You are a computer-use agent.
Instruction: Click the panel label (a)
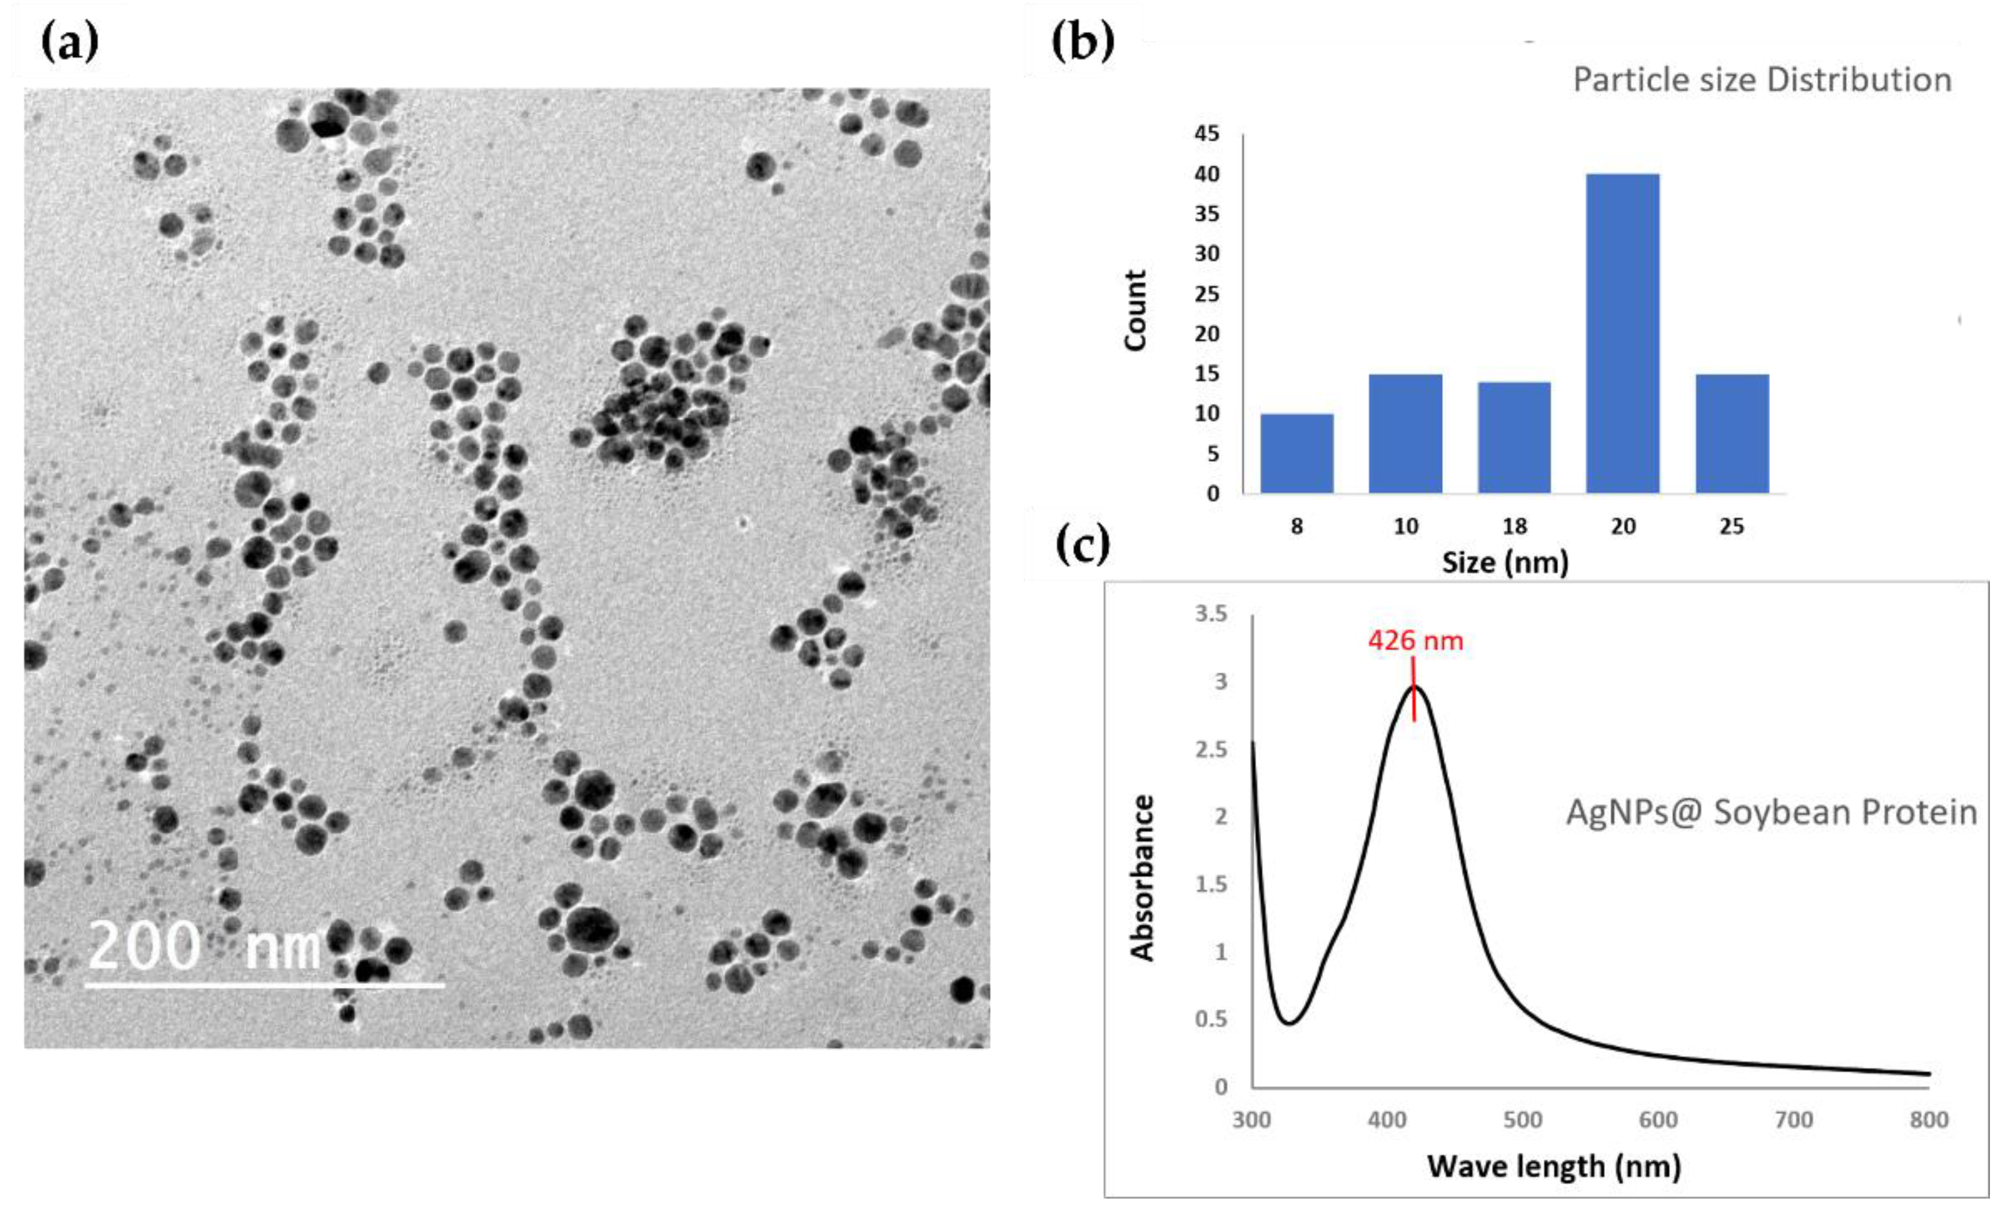69,42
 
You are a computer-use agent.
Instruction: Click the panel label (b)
1082,42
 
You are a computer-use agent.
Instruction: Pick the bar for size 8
1297,453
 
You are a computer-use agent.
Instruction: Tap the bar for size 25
1732,434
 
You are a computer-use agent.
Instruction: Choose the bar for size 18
1514,438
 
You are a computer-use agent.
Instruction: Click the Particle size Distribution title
1762,80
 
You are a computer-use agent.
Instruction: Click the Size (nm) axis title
1505,563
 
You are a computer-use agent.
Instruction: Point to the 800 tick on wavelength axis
1929,1120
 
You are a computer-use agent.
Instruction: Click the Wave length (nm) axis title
1554,1166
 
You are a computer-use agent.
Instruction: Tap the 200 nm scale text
204,946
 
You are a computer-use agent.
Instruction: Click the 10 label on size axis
1405,527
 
